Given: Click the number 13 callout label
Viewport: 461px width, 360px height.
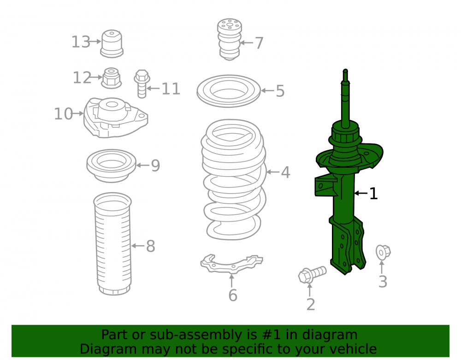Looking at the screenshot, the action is pos(81,42).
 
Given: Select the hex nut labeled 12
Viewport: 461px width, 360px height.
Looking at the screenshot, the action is pos(112,78).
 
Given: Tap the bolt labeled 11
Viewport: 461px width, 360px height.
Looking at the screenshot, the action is pos(142,84).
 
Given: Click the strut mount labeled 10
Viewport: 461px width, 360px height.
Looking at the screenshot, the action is pos(116,118).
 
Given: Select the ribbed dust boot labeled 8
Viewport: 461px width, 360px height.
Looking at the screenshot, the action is pos(113,244).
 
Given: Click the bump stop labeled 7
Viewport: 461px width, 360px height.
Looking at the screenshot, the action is pos(230,39).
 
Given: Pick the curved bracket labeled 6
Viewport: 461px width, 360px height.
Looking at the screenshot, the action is pos(231,264).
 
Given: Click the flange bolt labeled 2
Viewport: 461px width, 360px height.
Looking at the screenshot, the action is pos(312,274).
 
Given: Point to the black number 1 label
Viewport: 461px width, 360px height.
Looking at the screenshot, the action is pos(373,194).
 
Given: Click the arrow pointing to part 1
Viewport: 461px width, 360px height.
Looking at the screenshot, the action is pos(361,193).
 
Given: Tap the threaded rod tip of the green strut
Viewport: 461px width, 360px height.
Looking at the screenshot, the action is pos(345,71).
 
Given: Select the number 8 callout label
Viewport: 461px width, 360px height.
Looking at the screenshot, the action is pos(151,246).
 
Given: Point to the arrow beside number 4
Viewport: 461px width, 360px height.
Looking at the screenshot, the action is pos(273,172).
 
